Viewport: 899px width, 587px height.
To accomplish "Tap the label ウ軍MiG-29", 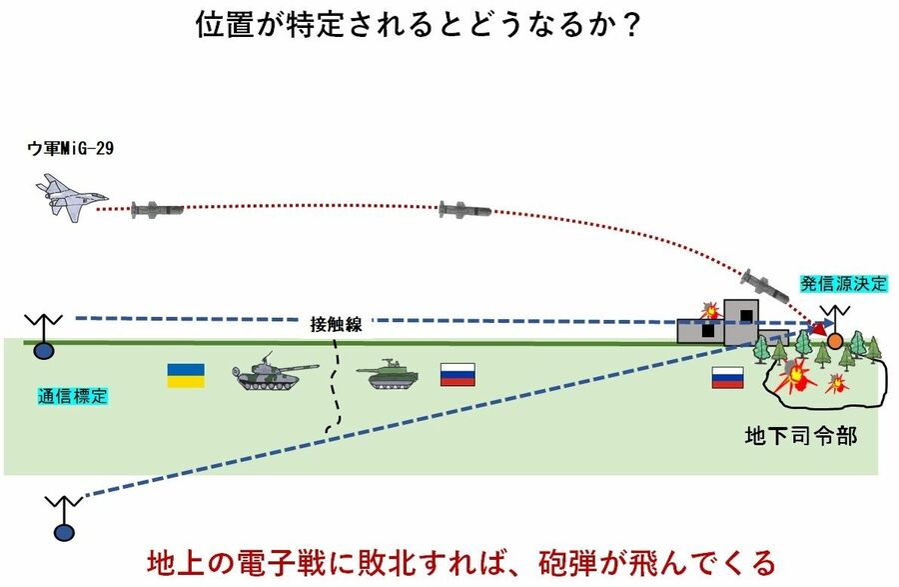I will coord(69,149).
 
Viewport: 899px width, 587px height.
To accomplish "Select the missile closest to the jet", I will coord(158,210).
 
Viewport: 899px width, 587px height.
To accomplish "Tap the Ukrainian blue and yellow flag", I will coord(186,375).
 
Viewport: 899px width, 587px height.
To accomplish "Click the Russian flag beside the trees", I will coord(727,377).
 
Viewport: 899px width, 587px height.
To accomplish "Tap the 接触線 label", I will coord(336,324).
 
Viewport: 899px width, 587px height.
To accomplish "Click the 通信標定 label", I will coord(66,396).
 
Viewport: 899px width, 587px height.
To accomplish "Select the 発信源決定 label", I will coord(843,283).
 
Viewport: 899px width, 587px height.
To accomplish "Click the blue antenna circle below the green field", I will coord(64,533).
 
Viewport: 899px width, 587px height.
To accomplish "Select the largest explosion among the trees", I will coord(796,376).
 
